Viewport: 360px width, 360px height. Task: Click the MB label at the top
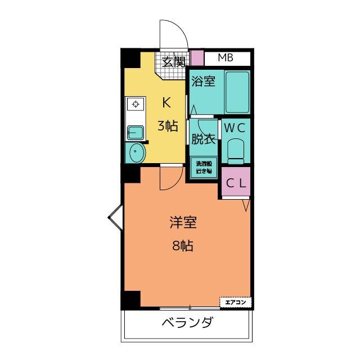(226, 58)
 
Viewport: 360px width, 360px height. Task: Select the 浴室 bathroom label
(202, 81)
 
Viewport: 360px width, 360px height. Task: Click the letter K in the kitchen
(166, 102)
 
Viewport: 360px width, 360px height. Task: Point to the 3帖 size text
(167, 125)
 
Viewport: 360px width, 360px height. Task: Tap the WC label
(235, 128)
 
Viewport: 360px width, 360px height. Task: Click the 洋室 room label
(183, 223)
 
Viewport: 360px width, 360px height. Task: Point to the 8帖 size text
(183, 245)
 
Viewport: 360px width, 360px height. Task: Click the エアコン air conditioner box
(236, 302)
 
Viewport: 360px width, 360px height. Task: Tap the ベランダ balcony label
(187, 323)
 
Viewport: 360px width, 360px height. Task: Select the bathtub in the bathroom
(236, 91)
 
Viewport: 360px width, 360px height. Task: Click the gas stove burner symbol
(135, 103)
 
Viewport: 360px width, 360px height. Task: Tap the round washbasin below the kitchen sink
(136, 151)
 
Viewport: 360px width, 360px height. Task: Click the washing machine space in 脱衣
(203, 167)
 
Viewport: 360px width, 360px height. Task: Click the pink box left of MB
(196, 58)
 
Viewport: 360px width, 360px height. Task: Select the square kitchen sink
(136, 132)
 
